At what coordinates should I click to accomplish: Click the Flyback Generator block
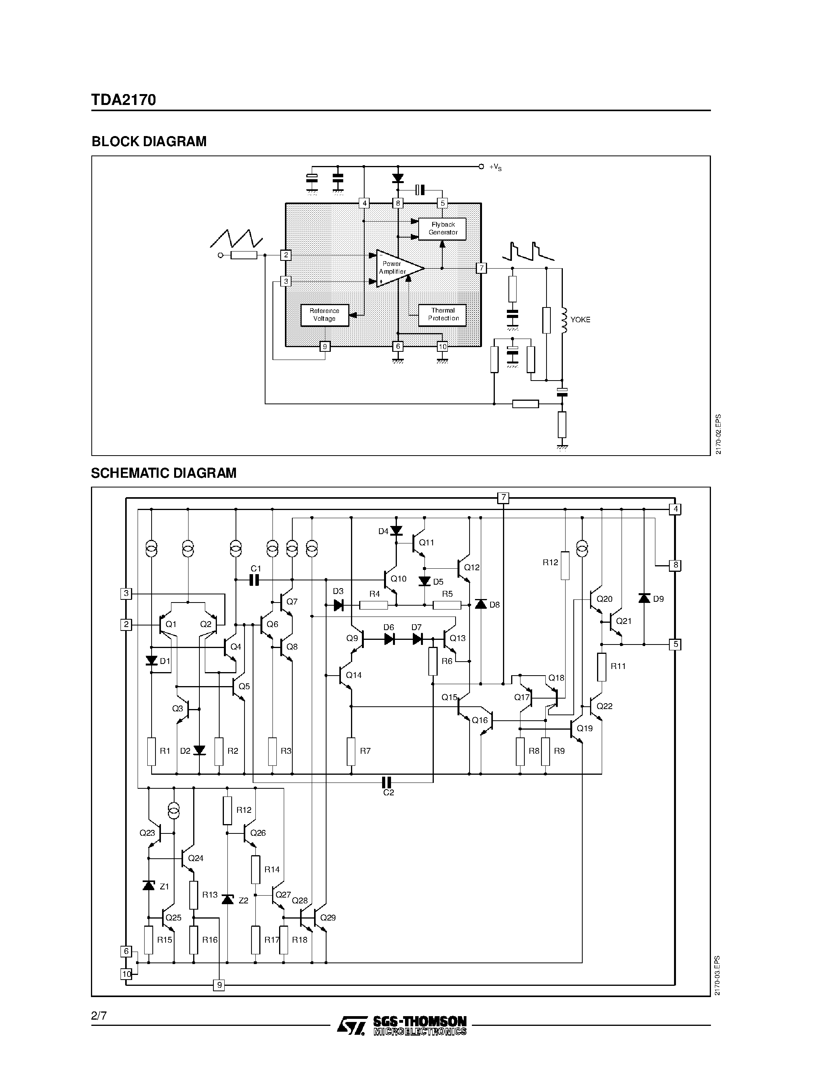[x=442, y=229]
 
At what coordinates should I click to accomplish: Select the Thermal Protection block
[x=442, y=315]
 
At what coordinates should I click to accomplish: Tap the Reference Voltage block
[x=325, y=315]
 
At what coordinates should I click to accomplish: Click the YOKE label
[x=580, y=320]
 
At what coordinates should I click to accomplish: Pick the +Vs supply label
[x=495, y=168]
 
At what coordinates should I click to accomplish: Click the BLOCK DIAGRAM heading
[x=149, y=141]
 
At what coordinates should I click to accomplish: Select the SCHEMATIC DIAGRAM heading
[x=163, y=473]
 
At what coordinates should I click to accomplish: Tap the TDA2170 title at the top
[x=123, y=100]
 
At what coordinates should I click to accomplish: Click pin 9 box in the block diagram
[x=325, y=346]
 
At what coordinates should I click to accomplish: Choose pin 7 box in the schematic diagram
[x=503, y=498]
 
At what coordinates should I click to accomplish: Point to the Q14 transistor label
[x=354, y=675]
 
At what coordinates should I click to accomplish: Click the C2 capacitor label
[x=389, y=793]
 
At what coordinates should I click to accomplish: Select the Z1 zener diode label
[x=164, y=886]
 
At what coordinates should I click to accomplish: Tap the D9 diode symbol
[x=644, y=598]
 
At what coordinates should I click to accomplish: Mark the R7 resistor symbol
[x=351, y=751]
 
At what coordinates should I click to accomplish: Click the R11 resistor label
[x=618, y=666]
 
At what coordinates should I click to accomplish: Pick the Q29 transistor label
[x=328, y=918]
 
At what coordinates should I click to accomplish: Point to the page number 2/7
[x=98, y=1016]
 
